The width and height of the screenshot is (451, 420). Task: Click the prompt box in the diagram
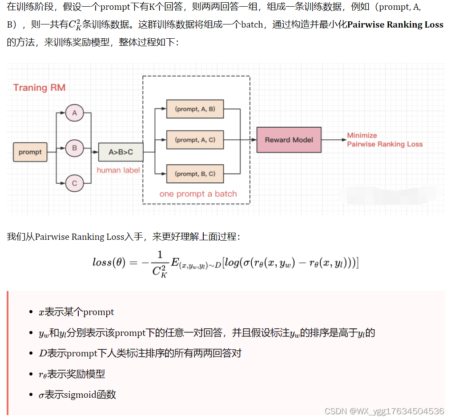(x=30, y=152)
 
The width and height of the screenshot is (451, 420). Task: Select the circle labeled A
(x=74, y=113)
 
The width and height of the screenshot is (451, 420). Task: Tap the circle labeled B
(x=74, y=148)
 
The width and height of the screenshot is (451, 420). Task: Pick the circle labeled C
(x=74, y=183)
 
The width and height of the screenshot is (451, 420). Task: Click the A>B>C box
(x=121, y=152)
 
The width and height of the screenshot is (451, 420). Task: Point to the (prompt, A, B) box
(x=195, y=109)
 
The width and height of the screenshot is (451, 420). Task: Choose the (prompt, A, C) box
(x=195, y=140)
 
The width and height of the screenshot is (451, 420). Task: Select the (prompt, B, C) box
(x=195, y=174)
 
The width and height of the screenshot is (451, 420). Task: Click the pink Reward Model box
(x=289, y=140)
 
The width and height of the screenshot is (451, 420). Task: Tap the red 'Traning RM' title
(x=39, y=88)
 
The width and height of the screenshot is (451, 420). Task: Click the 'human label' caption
(x=118, y=170)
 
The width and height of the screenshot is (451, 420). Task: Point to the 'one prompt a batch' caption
(x=198, y=194)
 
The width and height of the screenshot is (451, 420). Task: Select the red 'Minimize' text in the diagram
(x=362, y=135)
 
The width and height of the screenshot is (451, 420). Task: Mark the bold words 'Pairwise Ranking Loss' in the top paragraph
(x=395, y=25)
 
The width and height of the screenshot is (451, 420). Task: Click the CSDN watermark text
(x=384, y=411)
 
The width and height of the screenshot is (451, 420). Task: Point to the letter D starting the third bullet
(x=43, y=353)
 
